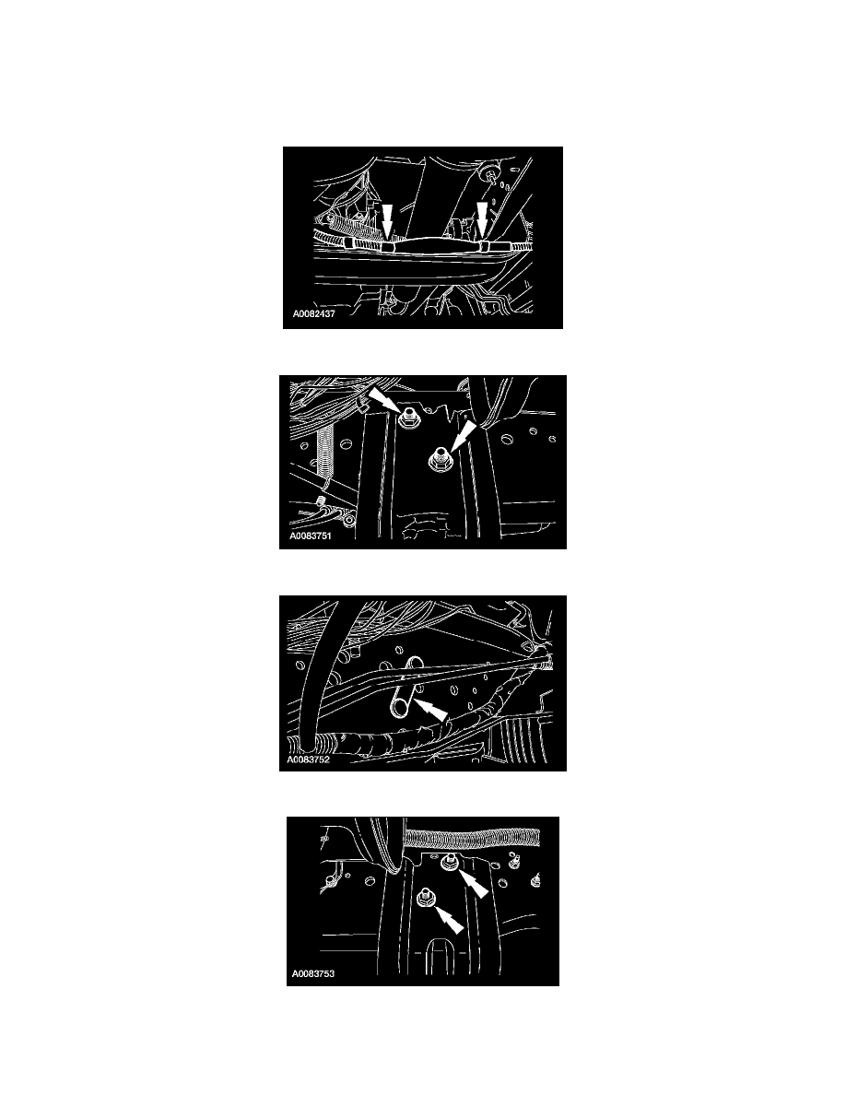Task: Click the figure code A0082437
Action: pyautogui.click(x=314, y=314)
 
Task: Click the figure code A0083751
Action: pyautogui.click(x=311, y=536)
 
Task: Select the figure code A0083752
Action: pyautogui.click(x=308, y=759)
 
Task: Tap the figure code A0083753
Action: pyautogui.click(x=313, y=973)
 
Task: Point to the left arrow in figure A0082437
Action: pyautogui.click(x=387, y=220)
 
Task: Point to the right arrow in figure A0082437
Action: pyautogui.click(x=482, y=218)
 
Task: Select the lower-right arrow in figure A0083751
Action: pyautogui.click(x=460, y=437)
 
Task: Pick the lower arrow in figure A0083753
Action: pyautogui.click(x=448, y=920)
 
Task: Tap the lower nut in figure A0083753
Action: pyautogui.click(x=424, y=899)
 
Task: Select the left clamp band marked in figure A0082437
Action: pyautogui.click(x=387, y=245)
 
